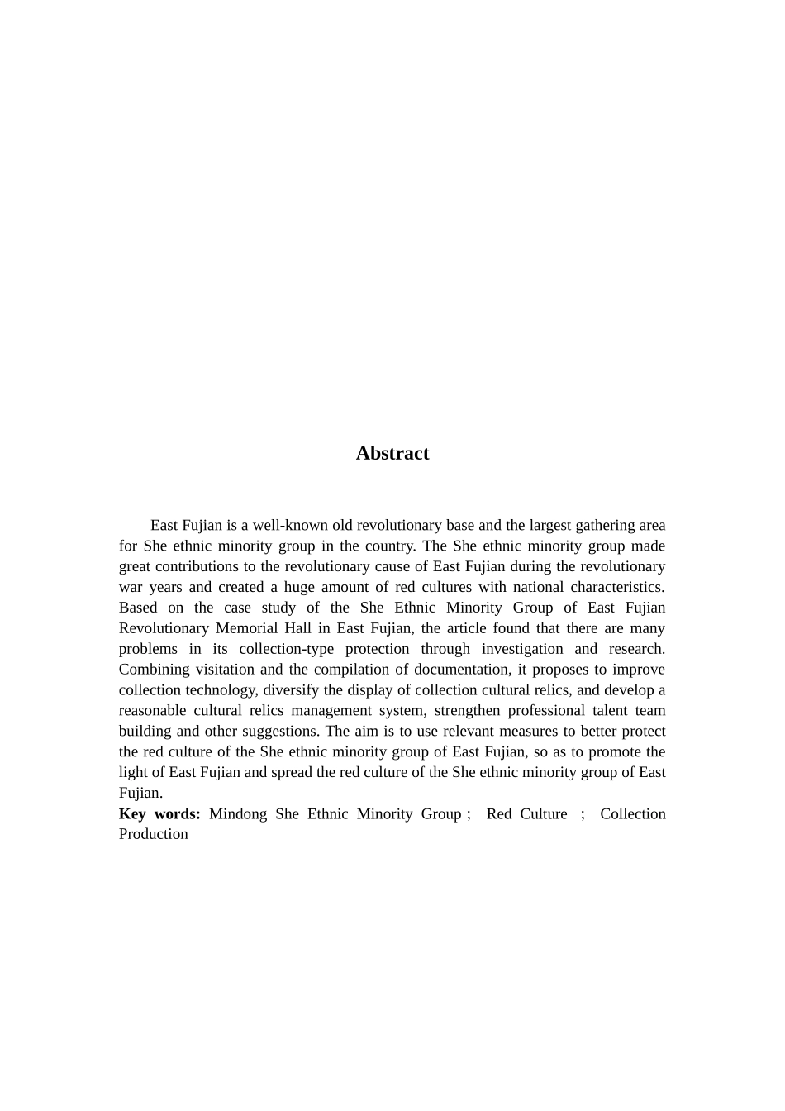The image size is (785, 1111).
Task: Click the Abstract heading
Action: tap(392, 453)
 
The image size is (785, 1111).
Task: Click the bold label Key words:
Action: tap(159, 813)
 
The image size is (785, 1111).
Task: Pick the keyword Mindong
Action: tap(238, 813)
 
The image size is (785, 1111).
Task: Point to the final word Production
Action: tap(154, 834)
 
